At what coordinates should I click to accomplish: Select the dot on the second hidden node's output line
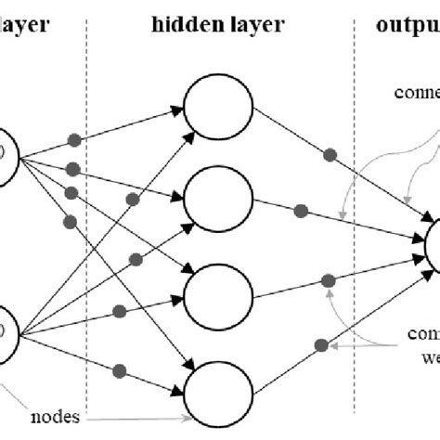[300, 212]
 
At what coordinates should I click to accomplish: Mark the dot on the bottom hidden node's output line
[320, 346]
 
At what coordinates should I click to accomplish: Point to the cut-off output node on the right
[434, 243]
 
